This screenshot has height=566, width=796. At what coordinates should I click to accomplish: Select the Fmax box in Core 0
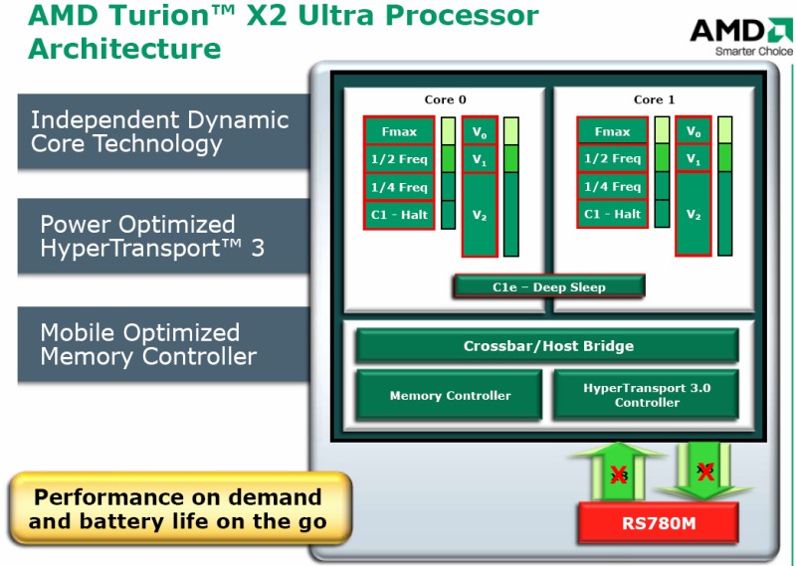[x=399, y=131]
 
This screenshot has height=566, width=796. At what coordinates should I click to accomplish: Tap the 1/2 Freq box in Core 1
[x=612, y=159]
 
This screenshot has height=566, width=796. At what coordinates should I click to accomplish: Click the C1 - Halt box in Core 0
[x=399, y=215]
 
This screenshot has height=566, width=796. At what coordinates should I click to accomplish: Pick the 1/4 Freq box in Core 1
[x=612, y=187]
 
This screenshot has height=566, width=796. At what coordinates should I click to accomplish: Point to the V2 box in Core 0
[x=480, y=215]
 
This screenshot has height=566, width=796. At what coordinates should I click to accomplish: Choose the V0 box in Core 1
[x=693, y=131]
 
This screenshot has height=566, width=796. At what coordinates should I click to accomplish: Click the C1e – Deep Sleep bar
[x=548, y=286]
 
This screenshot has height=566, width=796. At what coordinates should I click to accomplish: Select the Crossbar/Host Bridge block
[x=547, y=346]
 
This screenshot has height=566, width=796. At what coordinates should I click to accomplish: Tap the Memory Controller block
[x=450, y=395]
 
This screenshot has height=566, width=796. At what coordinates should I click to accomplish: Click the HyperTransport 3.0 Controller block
[x=647, y=395]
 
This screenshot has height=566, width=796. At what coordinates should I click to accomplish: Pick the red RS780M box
[x=658, y=522]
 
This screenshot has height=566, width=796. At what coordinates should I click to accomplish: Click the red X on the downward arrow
[x=705, y=472]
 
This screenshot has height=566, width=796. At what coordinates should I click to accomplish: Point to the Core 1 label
[x=654, y=99]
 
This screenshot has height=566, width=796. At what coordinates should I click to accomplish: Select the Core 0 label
[x=445, y=99]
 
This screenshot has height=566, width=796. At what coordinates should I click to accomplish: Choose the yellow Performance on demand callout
[x=179, y=509]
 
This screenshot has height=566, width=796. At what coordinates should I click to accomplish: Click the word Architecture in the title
[x=124, y=48]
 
